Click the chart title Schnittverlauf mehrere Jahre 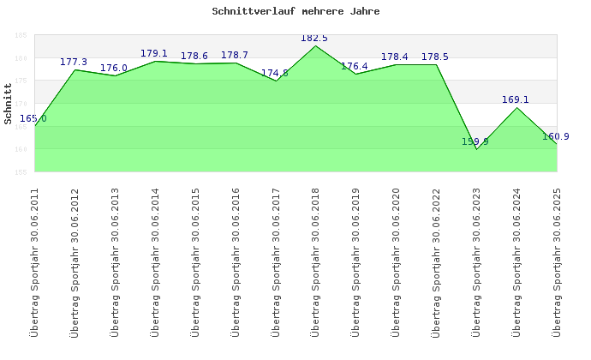(295, 12)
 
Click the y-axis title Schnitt (8, 104)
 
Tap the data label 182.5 (314, 39)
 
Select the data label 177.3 (75, 63)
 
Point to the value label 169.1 (516, 100)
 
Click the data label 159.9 (475, 142)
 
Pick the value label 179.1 (154, 54)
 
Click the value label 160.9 (556, 137)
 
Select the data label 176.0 (114, 69)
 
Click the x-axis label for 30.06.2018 (315, 261)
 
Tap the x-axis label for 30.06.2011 (35, 261)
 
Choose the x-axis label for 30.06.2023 (476, 261)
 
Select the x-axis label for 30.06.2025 (557, 261)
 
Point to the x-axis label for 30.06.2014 (155, 261)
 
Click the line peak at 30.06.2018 (316, 45)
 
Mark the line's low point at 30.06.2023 (477, 149)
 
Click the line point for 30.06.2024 (516, 107)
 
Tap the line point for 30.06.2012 (75, 69)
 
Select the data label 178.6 (194, 57)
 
